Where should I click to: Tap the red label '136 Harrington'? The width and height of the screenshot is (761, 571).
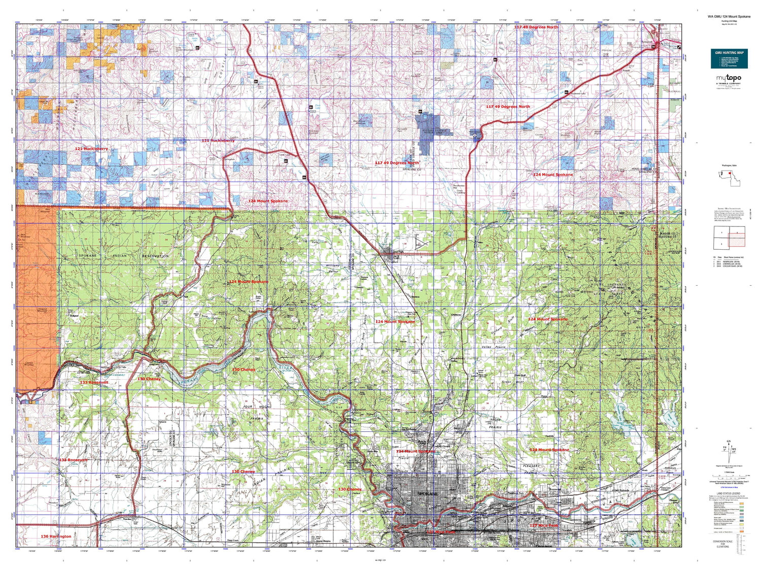coord(56,536)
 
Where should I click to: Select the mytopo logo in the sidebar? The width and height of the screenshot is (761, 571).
coord(728,78)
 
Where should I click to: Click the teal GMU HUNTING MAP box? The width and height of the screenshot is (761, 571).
coord(729,58)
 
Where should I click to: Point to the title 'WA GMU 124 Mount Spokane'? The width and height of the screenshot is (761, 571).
coord(729,16)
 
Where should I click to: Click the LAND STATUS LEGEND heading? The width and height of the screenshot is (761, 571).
coord(729,494)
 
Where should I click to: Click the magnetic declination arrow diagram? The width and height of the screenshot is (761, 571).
coord(729,446)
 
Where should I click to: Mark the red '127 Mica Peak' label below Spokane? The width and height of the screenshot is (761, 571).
coord(543,525)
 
